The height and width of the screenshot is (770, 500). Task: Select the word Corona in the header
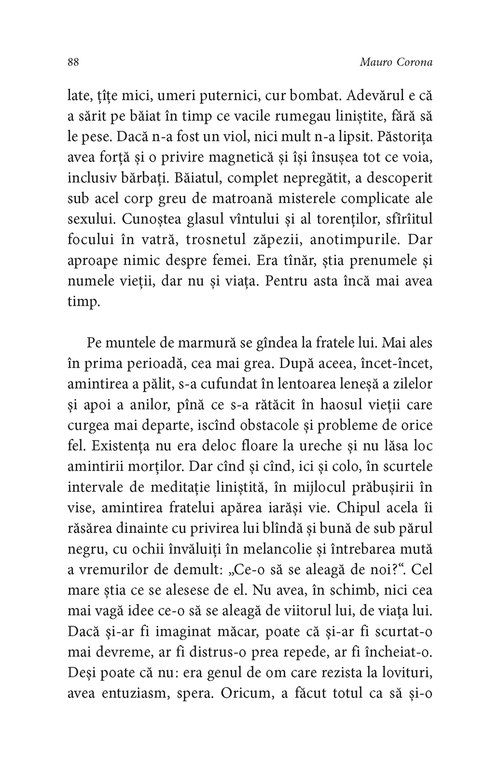coord(415,63)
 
